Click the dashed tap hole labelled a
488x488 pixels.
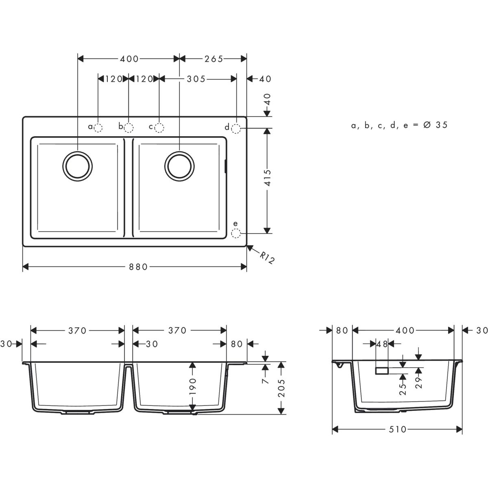pyautogui.click(x=98, y=128)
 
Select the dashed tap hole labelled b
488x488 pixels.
pyautogui.click(x=129, y=128)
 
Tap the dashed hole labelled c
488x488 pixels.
pyautogui.click(x=159, y=128)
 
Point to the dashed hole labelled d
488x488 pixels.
pyautogui.click(x=236, y=129)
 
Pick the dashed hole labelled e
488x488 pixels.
pyautogui.click(x=236, y=233)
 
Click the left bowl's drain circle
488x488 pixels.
pyautogui.click(x=78, y=166)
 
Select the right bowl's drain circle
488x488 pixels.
pyautogui.click(x=180, y=166)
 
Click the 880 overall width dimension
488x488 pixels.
pyautogui.click(x=138, y=267)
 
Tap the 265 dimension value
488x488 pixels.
pyautogui.click(x=214, y=59)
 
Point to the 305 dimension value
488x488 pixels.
pyautogui.click(x=196, y=79)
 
